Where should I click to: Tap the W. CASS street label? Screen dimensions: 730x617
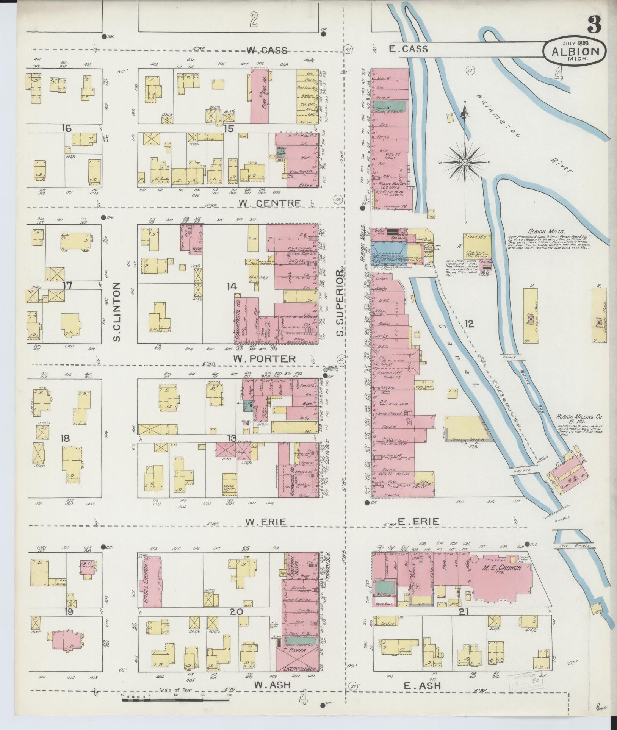pyautogui.click(x=268, y=50)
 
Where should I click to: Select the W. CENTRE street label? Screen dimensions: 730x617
pyautogui.click(x=269, y=203)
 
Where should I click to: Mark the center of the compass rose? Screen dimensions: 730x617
pyautogui.click(x=464, y=163)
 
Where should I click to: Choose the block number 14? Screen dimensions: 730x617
pyautogui.click(x=231, y=286)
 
